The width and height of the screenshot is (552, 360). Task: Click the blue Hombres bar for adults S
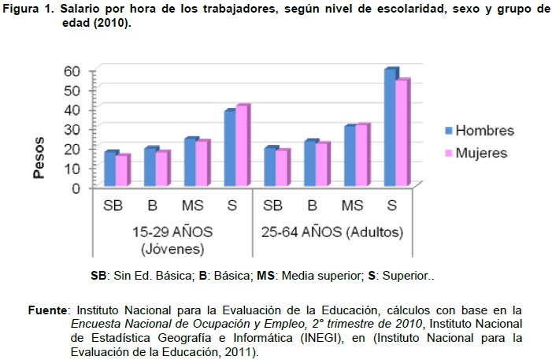[389, 128]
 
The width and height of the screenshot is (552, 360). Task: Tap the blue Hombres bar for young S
[230, 148]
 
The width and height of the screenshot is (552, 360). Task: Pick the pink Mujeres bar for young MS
[202, 164]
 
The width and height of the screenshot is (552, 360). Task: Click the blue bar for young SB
[111, 169]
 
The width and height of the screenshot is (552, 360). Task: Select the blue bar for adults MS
[349, 156]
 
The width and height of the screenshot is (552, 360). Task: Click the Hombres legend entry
[483, 131]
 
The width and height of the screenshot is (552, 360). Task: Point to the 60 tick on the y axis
[72, 71]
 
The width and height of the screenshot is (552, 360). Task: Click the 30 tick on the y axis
[72, 129]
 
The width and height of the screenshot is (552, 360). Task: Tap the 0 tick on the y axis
[76, 187]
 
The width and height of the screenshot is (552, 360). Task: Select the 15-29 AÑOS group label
[172, 233]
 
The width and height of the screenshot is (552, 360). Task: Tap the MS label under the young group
[192, 206]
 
